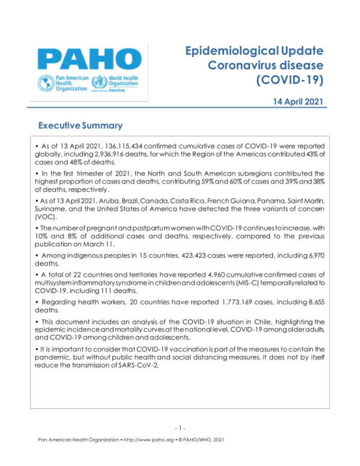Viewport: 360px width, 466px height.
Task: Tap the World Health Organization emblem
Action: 96,82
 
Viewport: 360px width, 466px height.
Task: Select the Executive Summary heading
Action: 80,126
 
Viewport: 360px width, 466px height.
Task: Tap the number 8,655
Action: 312,301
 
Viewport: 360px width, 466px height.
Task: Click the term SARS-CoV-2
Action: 135,365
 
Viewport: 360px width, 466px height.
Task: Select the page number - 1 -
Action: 179,428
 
